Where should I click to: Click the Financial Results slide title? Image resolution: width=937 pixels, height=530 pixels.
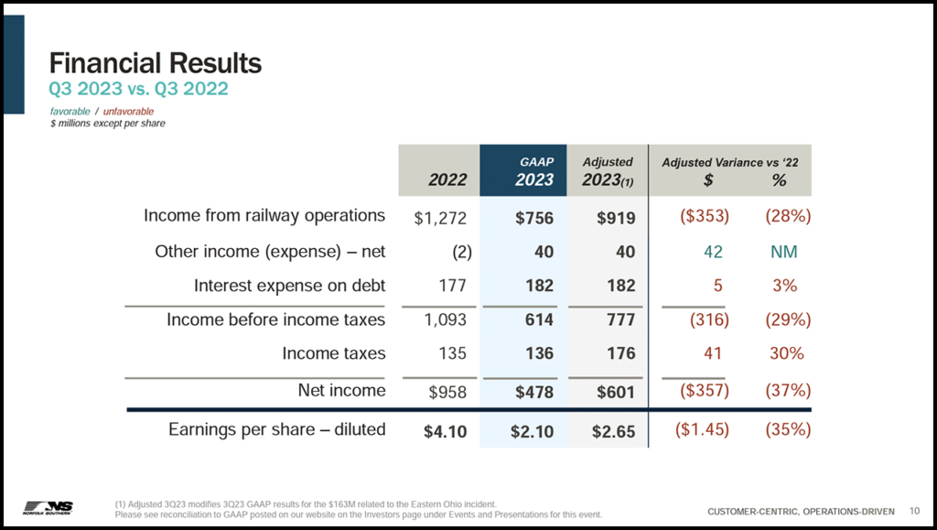click(156, 63)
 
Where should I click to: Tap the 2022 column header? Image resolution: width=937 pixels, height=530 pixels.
click(447, 179)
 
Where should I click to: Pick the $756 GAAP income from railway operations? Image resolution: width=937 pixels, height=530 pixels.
click(534, 218)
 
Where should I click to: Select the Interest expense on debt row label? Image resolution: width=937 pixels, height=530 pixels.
click(289, 286)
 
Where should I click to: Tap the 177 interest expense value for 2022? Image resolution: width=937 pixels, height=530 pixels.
click(453, 286)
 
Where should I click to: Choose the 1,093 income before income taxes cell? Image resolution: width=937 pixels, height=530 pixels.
click(446, 320)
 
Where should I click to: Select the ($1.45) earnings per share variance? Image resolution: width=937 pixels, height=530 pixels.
click(701, 429)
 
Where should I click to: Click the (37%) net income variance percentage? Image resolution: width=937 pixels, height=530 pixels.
click(787, 391)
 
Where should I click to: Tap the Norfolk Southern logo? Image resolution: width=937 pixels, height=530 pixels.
click(48, 507)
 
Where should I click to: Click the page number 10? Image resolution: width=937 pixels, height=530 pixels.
click(914, 510)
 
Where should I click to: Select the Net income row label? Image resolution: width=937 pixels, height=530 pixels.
click(341, 391)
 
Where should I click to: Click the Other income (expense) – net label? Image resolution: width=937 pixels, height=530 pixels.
click(270, 252)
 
